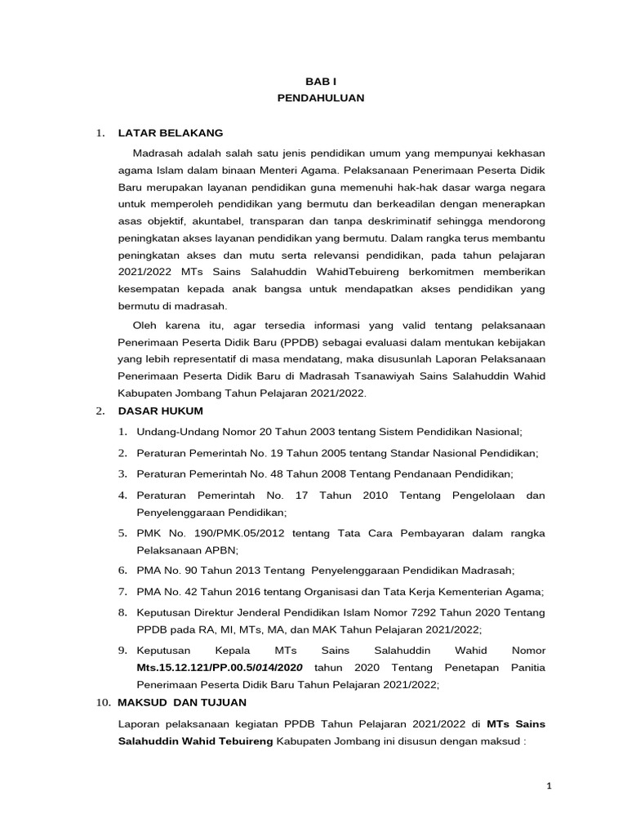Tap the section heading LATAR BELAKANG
click(170, 133)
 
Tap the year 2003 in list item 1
click(316, 432)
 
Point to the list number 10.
click(102, 702)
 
